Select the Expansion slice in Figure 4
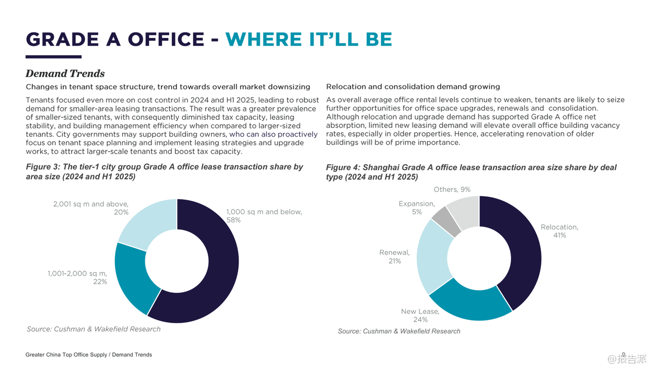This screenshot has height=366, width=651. (446, 220)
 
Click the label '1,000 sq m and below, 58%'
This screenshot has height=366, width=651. (264, 216)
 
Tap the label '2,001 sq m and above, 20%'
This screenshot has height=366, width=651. (91, 208)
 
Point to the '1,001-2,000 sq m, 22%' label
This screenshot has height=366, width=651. (78, 278)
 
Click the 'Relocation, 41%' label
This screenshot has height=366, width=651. (559, 232)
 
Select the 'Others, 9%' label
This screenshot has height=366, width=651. (452, 190)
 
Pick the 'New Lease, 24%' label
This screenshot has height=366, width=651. (420, 316)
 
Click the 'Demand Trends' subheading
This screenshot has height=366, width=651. (65, 74)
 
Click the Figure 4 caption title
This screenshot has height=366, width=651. (471, 172)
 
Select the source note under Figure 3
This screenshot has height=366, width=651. (94, 329)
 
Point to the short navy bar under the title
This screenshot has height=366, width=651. (53, 56)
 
